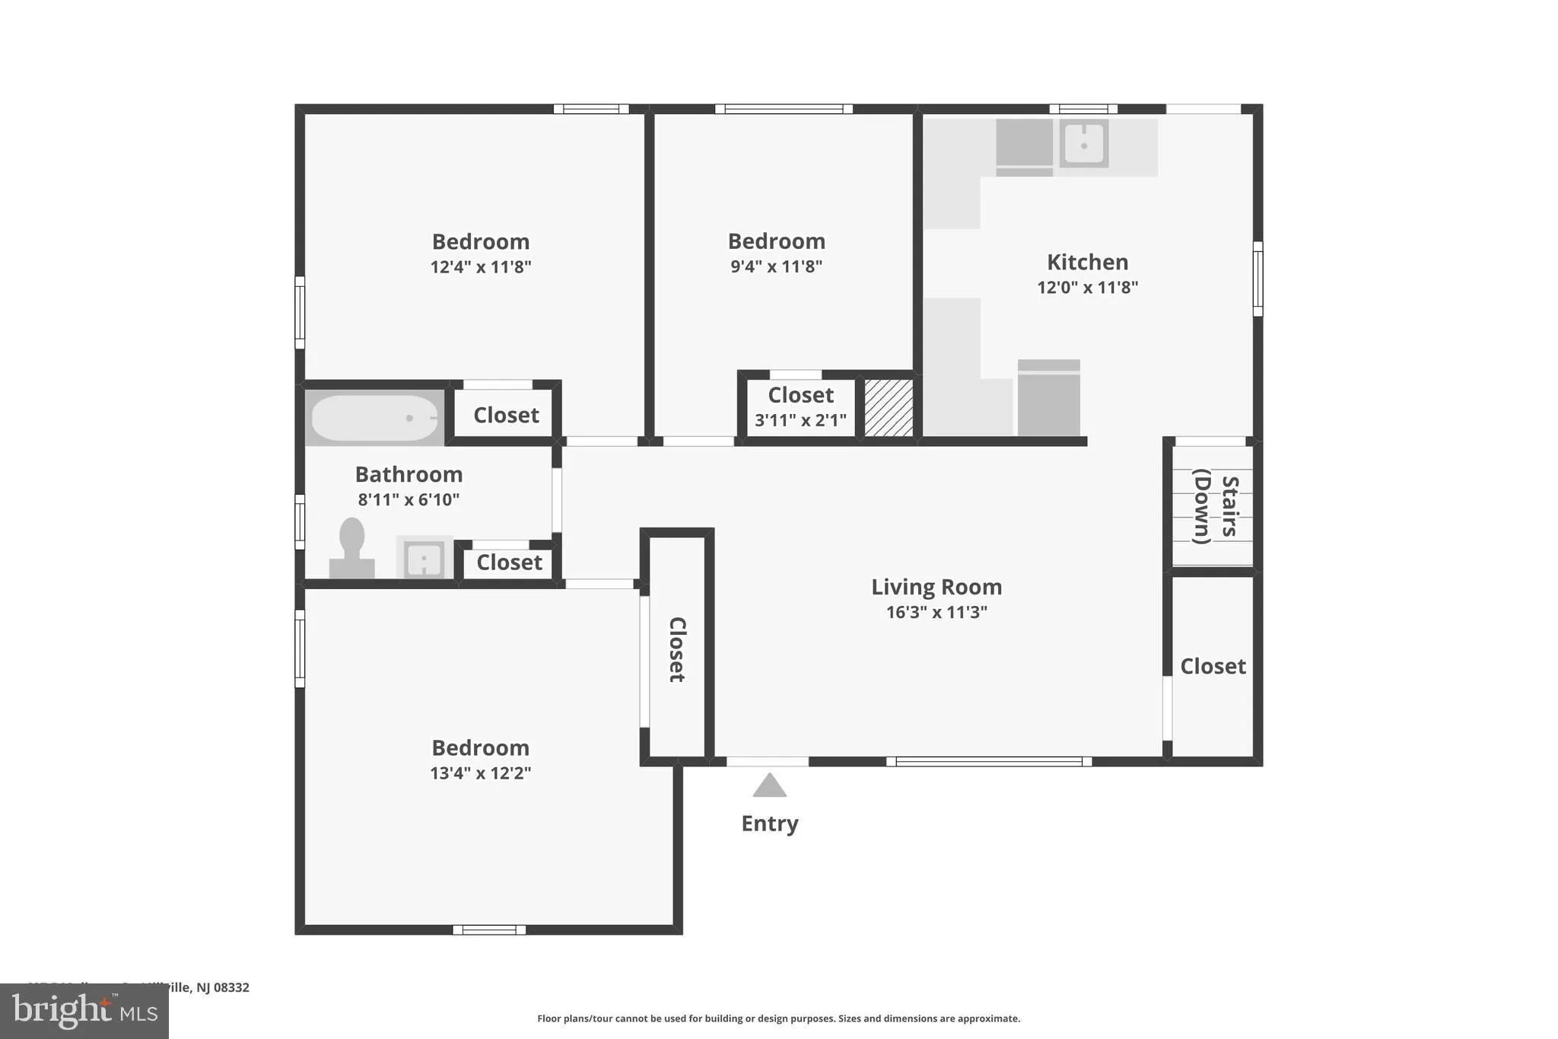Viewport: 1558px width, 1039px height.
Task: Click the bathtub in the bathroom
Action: click(x=374, y=418)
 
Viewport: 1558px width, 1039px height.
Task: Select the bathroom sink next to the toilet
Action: click(x=424, y=559)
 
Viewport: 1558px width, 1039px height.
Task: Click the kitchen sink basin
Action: click(x=1083, y=143)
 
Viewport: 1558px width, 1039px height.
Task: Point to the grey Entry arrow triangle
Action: click(x=769, y=786)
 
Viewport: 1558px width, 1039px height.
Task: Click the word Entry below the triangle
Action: click(x=769, y=824)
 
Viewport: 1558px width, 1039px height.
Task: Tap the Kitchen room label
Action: click(x=1087, y=262)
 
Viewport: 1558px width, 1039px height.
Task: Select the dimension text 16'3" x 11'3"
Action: click(x=936, y=612)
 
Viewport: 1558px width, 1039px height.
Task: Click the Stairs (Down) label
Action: click(x=1215, y=506)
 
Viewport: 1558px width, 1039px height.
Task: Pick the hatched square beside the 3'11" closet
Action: click(x=889, y=408)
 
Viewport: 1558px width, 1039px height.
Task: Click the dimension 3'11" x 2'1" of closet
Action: click(x=800, y=420)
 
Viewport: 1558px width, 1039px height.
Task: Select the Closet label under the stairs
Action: click(x=1213, y=666)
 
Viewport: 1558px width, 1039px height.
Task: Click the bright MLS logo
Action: click(x=84, y=1011)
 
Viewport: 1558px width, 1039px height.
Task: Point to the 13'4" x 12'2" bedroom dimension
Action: click(x=480, y=773)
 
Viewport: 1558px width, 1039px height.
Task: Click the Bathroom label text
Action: click(x=409, y=474)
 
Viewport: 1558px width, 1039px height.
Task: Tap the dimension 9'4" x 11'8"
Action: click(x=776, y=266)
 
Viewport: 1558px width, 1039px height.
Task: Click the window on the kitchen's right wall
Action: click(x=1258, y=279)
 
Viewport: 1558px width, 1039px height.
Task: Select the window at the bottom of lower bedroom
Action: click(x=489, y=929)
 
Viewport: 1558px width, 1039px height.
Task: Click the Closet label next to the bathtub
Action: click(x=506, y=415)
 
